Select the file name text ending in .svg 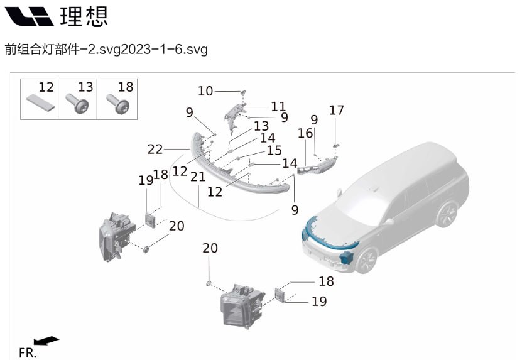pyautogui.click(x=106, y=49)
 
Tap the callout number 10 pyautogui.click(x=205, y=91)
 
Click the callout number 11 pyautogui.click(x=278, y=106)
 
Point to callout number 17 pyautogui.click(x=337, y=111)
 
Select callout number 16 pyautogui.click(x=305, y=134)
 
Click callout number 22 pyautogui.click(x=155, y=150)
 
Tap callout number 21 pyautogui.click(x=198, y=178)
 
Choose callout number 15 pyautogui.click(x=274, y=151)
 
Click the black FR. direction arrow pyautogui.click(x=46, y=341)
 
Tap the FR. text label pyautogui.click(x=27, y=352)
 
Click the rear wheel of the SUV pyautogui.click(x=446, y=214)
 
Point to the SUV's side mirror pyautogui.click(x=389, y=221)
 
